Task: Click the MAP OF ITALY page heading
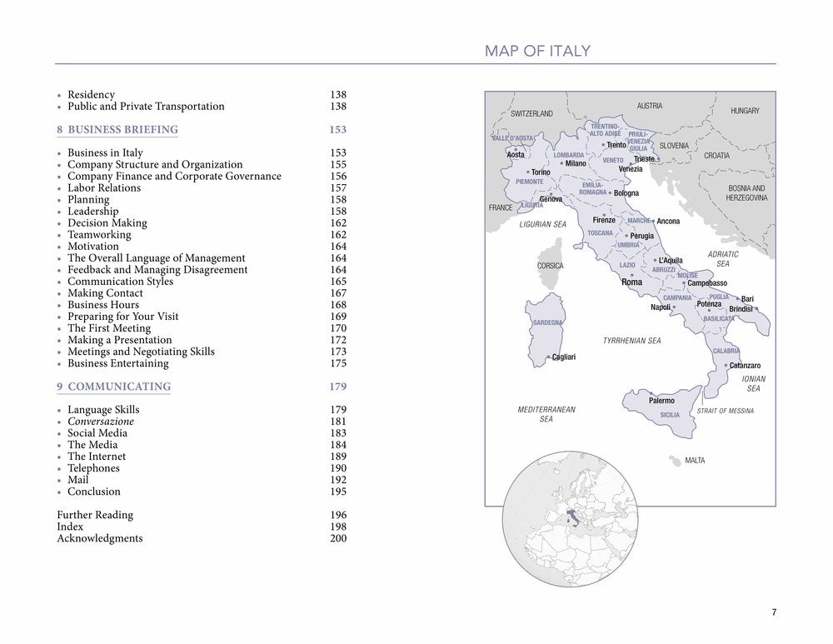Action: coord(537,52)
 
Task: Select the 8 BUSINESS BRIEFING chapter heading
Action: coord(117,130)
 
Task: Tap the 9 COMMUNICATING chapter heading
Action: coord(114,387)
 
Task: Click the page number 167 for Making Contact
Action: coord(337,293)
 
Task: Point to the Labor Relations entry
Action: coord(104,188)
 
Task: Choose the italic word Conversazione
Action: coord(100,422)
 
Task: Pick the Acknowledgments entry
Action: coord(99,538)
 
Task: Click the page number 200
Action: coord(337,538)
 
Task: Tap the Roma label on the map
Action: coord(632,282)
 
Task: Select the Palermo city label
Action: coord(661,401)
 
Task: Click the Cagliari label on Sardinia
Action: coord(564,357)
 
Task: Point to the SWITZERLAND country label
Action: coord(531,114)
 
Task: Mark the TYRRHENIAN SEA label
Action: coord(631,341)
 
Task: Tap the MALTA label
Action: coord(694,461)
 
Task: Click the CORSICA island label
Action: coord(550,266)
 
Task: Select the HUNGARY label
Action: coord(745,111)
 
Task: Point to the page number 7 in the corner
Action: coord(774,612)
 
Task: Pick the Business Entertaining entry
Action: coord(117,363)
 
